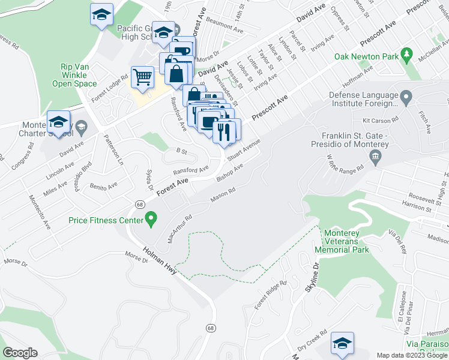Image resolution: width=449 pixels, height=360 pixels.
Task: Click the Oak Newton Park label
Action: point(367,57)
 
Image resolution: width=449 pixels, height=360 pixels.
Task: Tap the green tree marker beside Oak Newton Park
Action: point(406,56)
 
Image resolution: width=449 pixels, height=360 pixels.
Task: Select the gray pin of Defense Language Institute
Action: point(406,97)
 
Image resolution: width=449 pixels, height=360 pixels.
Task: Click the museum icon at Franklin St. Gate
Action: point(376,158)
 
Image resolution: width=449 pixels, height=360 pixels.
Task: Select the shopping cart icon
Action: point(142,77)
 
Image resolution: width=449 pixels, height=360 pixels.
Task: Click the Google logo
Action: point(20,352)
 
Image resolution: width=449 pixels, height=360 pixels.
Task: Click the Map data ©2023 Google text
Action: point(411,355)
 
